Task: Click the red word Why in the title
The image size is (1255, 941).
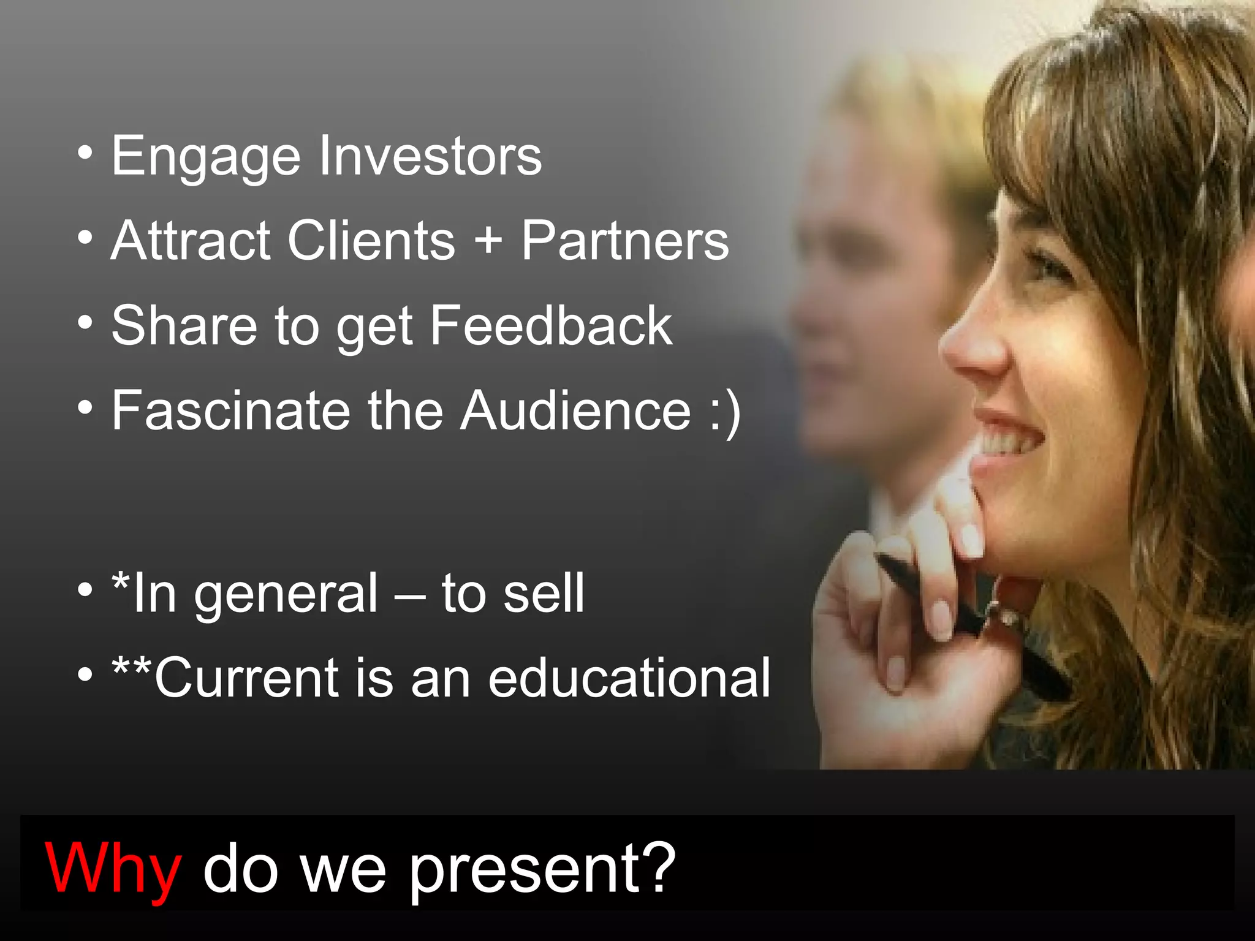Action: (113, 869)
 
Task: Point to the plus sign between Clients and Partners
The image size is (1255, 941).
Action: (488, 240)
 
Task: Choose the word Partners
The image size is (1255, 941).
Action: (625, 240)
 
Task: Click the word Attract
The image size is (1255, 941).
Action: (191, 240)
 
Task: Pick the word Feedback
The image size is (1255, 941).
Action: (550, 325)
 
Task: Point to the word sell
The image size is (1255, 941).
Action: (544, 593)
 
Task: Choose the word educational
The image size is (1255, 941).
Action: (629, 678)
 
